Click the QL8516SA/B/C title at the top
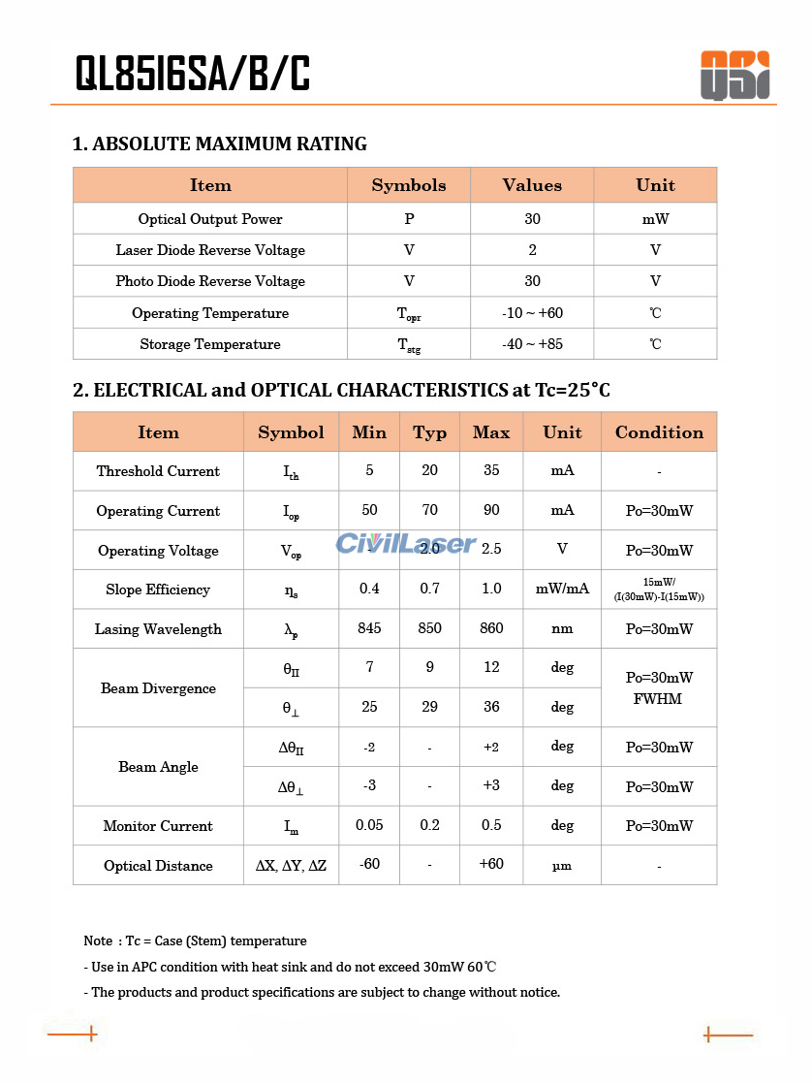pyautogui.click(x=193, y=74)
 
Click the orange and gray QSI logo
pyautogui.click(x=734, y=76)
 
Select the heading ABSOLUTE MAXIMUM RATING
pyautogui.click(x=220, y=144)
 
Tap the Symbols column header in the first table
pyautogui.click(x=409, y=185)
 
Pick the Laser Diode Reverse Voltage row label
pyautogui.click(x=210, y=250)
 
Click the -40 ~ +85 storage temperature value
pyautogui.click(x=532, y=344)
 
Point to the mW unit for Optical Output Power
pyautogui.click(x=655, y=219)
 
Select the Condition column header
pyautogui.click(x=659, y=432)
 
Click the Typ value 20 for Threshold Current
pyautogui.click(x=429, y=470)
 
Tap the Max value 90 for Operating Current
pyautogui.click(x=491, y=510)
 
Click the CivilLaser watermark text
pyautogui.click(x=406, y=544)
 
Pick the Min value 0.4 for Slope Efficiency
pyautogui.click(x=369, y=589)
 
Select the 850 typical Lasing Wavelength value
pyautogui.click(x=429, y=628)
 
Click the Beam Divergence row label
pyautogui.click(x=158, y=688)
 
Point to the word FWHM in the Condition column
pyautogui.click(x=658, y=699)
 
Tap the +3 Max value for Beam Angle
pyautogui.click(x=491, y=785)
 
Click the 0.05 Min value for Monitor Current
pyautogui.click(x=369, y=825)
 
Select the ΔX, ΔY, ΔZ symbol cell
pyautogui.click(x=291, y=866)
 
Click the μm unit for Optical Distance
pyautogui.click(x=562, y=866)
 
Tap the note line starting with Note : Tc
pyautogui.click(x=195, y=941)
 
